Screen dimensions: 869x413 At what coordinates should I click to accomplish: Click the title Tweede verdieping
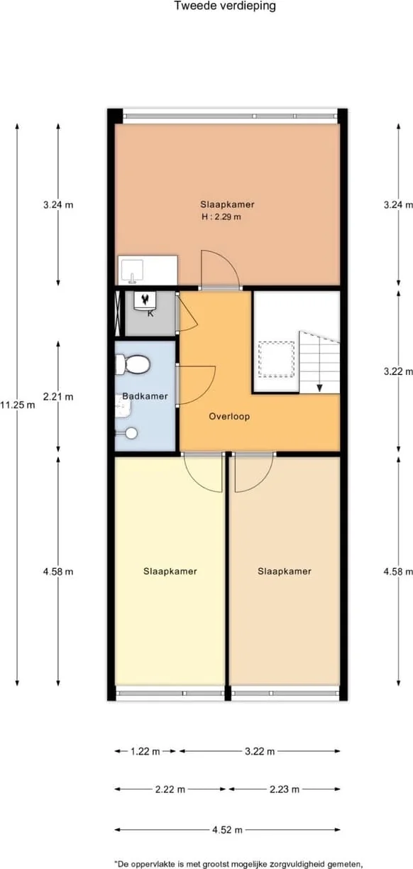click(x=225, y=6)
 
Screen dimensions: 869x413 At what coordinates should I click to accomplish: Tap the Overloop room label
click(x=229, y=417)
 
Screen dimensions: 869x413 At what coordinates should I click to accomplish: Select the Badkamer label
click(x=145, y=396)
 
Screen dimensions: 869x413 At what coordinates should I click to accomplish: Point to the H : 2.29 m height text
click(x=221, y=217)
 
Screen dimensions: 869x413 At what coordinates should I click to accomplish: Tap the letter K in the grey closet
click(x=150, y=313)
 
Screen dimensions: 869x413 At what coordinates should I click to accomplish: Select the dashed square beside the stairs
click(x=276, y=359)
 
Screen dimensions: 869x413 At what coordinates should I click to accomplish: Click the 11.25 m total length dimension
click(x=18, y=405)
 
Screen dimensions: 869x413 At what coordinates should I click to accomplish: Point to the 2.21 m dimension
click(x=57, y=397)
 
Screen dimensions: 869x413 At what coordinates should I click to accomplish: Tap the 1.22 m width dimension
click(x=145, y=752)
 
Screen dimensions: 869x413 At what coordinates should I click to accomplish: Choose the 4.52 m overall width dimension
click(x=227, y=829)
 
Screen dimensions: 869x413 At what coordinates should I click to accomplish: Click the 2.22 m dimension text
click(x=170, y=789)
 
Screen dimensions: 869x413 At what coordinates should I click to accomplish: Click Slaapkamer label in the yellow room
click(x=170, y=571)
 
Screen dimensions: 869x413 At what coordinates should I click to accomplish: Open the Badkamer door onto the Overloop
click(x=195, y=384)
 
